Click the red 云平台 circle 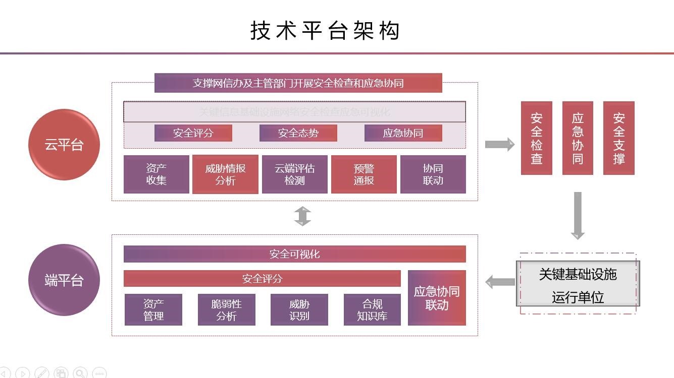coord(64,145)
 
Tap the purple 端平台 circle coord(64,280)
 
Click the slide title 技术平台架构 coord(326,31)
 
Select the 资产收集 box coord(157,174)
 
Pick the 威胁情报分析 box coord(225,174)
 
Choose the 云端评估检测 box coord(295,174)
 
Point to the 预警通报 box coord(364,174)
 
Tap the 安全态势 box coord(298,133)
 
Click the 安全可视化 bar coord(295,254)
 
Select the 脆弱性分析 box coord(227,310)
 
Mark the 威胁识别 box coord(299,310)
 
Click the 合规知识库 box coord(372,310)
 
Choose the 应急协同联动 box coord(437,298)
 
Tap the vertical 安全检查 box coord(537,138)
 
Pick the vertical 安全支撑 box coord(619,138)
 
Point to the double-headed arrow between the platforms coord(302,216)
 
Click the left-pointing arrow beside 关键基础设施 coord(500,282)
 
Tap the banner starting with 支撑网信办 coord(298,83)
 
